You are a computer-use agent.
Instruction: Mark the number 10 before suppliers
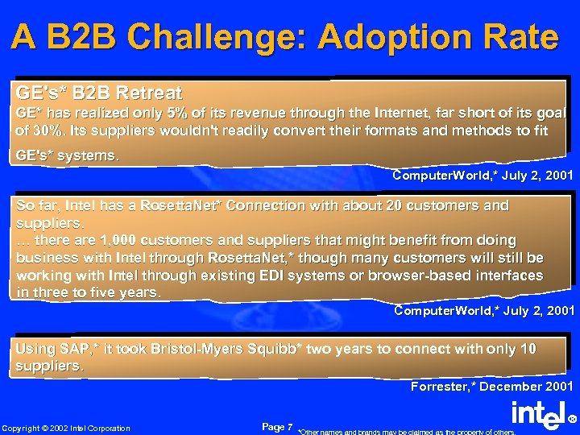coord(528,348)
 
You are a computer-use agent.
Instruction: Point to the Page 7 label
coord(277,425)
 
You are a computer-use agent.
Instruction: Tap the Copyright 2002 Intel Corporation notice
coord(66,428)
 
